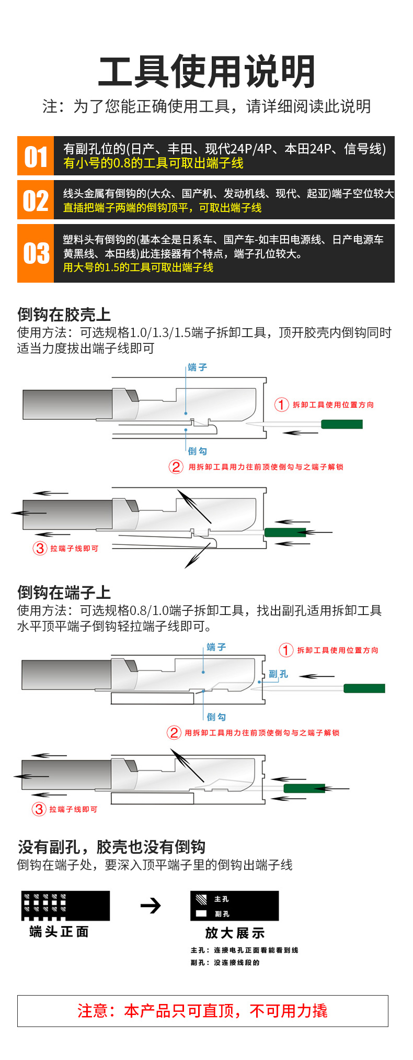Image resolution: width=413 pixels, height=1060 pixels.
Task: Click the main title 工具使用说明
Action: coord(206,71)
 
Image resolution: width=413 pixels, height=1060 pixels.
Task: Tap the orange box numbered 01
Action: coord(36,157)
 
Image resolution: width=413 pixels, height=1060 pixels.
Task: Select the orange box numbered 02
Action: coord(36,200)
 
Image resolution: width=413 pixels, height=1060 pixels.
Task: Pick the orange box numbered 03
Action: coord(36,253)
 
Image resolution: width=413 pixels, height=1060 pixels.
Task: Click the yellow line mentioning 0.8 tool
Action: coord(153,163)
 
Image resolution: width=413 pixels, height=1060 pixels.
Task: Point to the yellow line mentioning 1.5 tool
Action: coord(138,267)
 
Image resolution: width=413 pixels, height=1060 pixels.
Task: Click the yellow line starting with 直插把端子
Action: coord(162,208)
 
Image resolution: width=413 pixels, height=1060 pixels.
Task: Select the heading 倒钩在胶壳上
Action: coord(64,314)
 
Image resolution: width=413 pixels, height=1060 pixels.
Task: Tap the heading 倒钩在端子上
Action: coord(64,592)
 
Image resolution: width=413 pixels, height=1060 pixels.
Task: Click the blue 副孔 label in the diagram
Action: coord(278,674)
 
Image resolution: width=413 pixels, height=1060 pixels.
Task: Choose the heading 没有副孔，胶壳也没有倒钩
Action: coord(111,846)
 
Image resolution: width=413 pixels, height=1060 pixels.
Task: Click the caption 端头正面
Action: coord(59,932)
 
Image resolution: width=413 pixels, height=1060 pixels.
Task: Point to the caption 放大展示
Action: coord(235,933)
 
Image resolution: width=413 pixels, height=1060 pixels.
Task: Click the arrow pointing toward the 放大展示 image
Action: coord(151,906)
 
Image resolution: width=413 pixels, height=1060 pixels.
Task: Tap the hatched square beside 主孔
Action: coord(201,899)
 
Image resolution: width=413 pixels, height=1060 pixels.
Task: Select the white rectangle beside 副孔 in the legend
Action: coord(201,913)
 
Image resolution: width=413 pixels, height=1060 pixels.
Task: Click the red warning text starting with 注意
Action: coord(202,1011)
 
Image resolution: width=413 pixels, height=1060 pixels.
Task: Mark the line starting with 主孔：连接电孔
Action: coord(244,950)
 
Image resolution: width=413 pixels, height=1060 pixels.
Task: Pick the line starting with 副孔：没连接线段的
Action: coord(225,963)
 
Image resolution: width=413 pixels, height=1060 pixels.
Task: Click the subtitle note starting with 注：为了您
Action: coord(206,106)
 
